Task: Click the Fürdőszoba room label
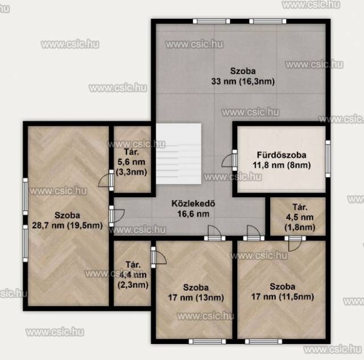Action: point(282,155)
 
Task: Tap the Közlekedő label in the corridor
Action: point(193,204)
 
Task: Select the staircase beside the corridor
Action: point(179,154)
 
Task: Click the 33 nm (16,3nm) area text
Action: point(243,81)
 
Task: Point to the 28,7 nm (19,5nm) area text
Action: point(67,225)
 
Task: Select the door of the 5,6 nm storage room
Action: point(107,180)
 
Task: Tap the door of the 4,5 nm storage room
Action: point(295,243)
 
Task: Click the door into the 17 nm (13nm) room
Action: point(215,233)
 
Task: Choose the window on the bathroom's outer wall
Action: point(328,159)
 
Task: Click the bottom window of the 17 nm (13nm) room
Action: point(207,341)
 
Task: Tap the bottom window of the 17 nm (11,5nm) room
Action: point(263,341)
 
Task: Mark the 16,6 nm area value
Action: point(193,214)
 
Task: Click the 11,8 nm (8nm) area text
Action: point(282,165)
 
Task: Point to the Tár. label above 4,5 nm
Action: point(300,207)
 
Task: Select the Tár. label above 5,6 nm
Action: point(131,152)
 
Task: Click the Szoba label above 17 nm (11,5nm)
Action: point(282,287)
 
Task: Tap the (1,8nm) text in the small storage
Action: point(300,227)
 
